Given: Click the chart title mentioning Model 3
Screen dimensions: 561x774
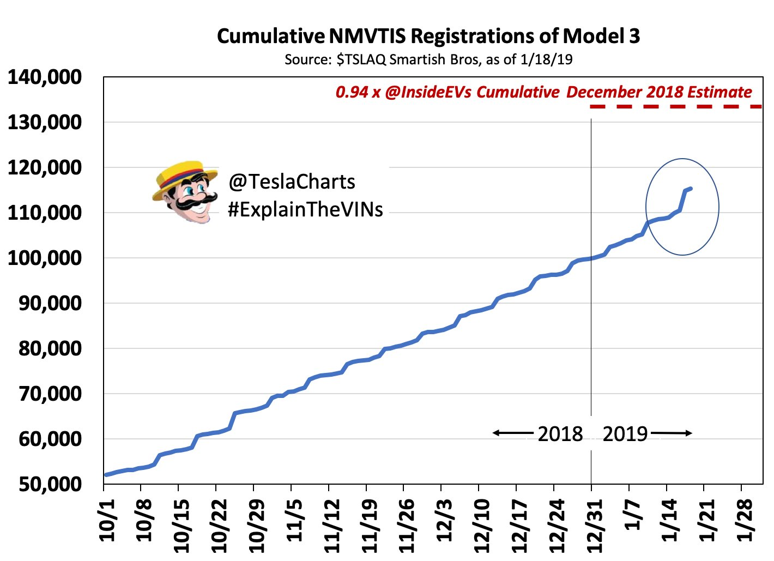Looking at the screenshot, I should click(x=428, y=36).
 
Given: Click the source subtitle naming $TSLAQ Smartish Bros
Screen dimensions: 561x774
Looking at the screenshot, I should click(x=428, y=59).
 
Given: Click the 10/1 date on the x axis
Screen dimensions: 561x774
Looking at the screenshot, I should click(x=108, y=522).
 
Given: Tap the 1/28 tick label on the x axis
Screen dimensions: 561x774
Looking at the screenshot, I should click(x=745, y=520).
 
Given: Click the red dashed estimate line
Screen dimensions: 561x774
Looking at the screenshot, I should click(x=676, y=106).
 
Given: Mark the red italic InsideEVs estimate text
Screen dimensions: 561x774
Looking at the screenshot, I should click(x=543, y=92).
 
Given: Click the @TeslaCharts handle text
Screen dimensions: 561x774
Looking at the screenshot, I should click(x=292, y=182).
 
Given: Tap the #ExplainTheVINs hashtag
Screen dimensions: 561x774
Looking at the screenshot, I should click(x=305, y=210).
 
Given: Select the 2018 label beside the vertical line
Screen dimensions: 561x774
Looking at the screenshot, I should click(x=560, y=435).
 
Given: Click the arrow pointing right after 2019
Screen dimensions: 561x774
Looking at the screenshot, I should click(x=672, y=433).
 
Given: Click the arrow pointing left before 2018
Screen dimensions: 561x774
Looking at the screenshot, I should click(x=512, y=433).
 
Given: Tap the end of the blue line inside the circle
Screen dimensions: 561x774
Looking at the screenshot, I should click(x=691, y=189).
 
